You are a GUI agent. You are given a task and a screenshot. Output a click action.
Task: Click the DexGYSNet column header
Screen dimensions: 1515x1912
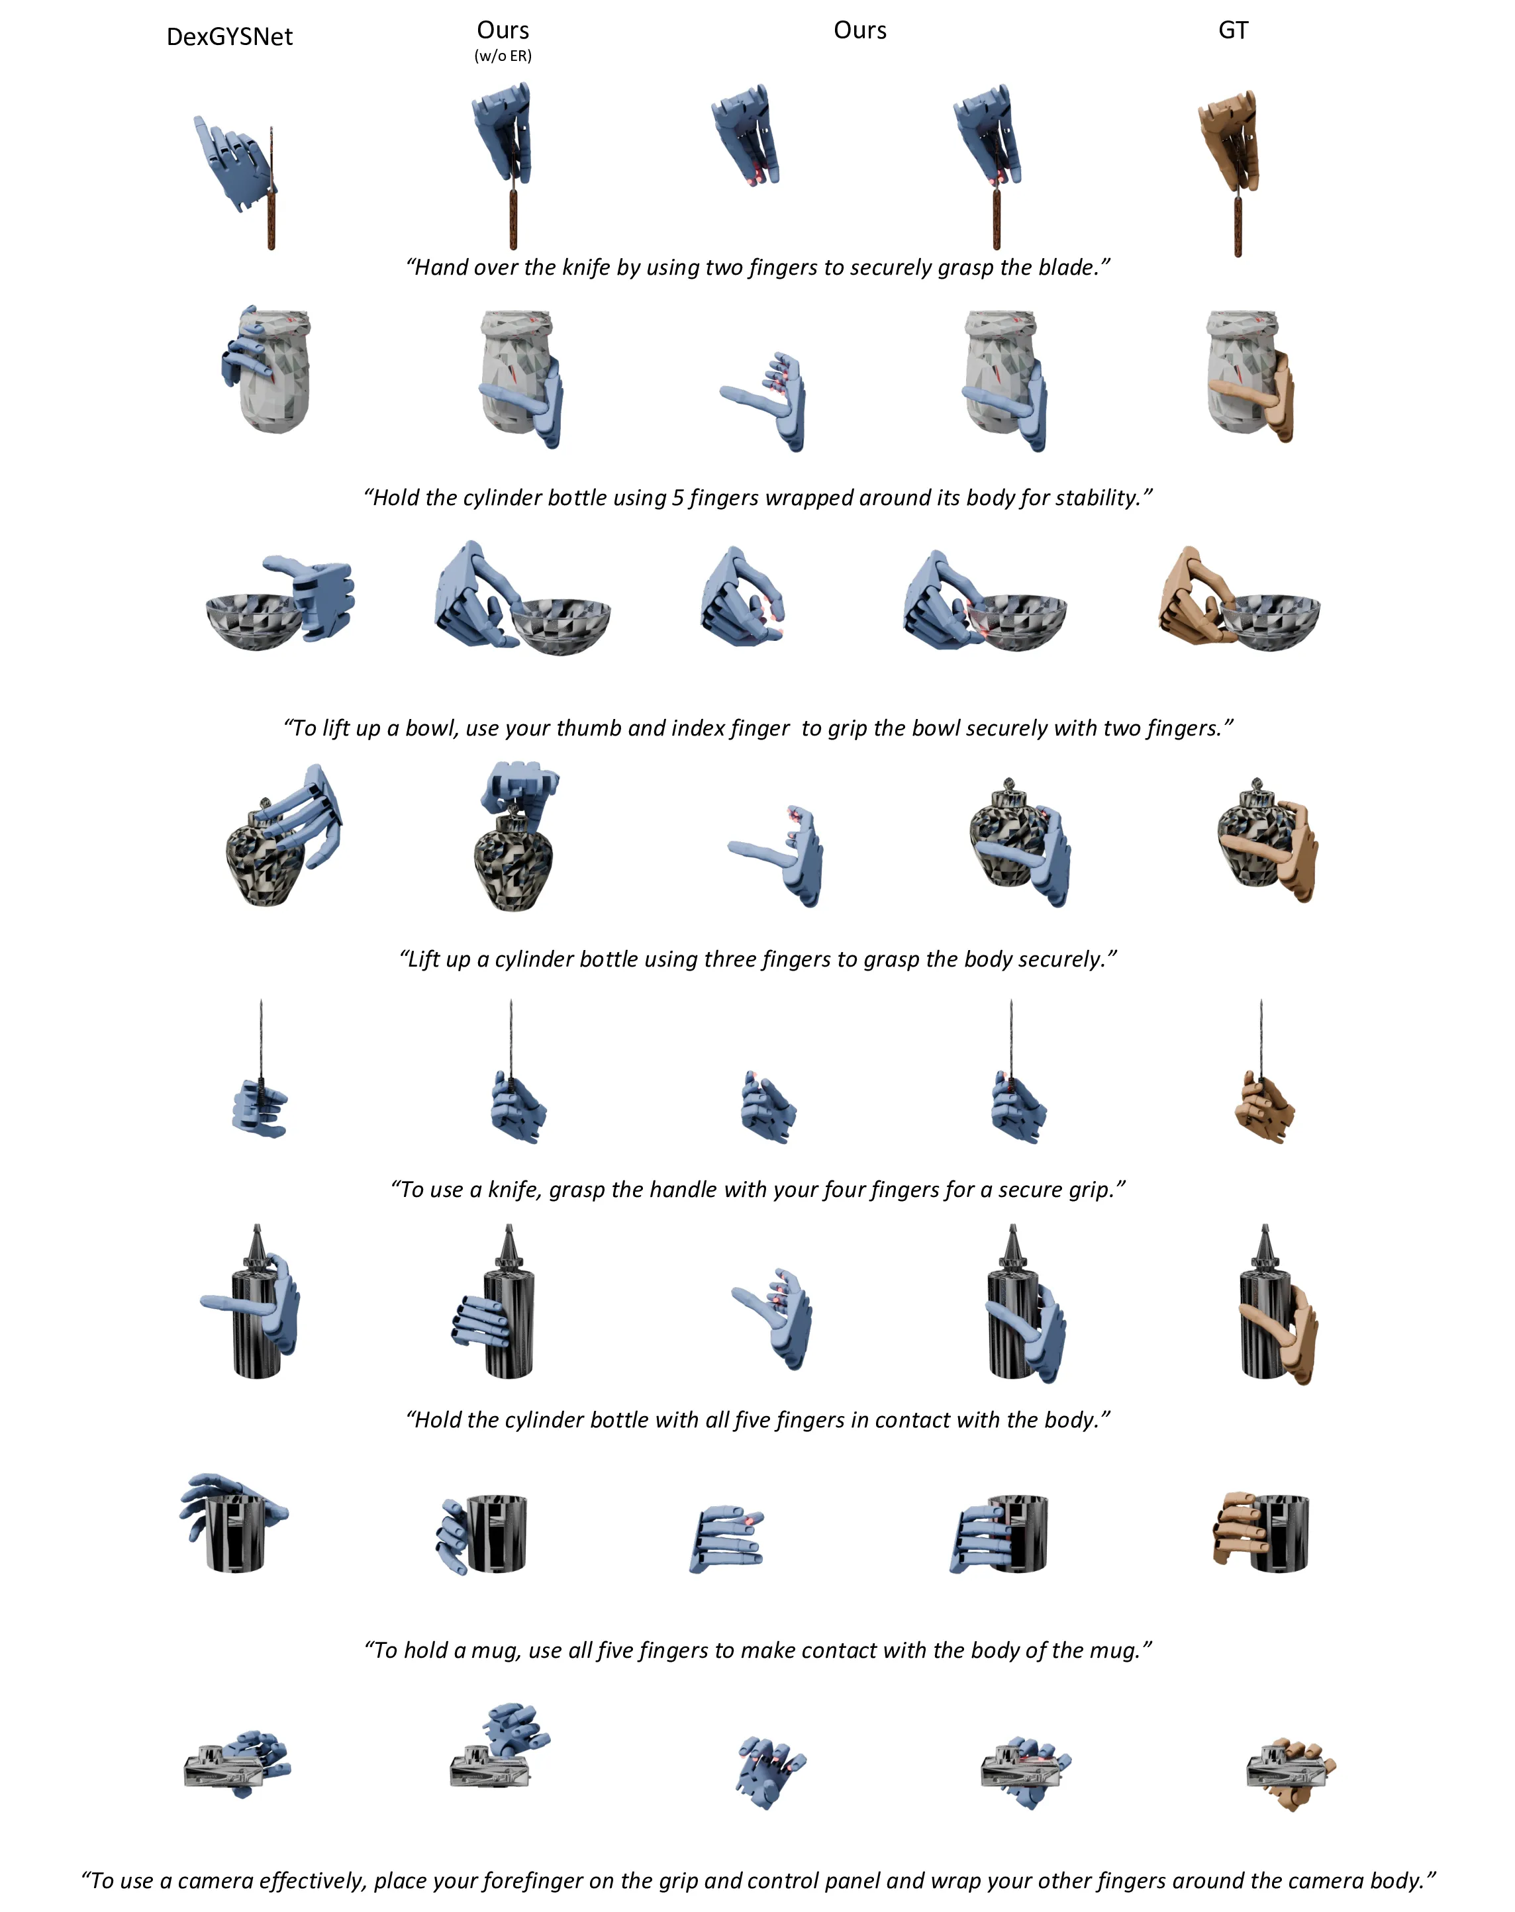click(x=230, y=36)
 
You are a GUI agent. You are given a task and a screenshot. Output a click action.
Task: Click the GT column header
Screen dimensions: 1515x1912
click(x=1233, y=30)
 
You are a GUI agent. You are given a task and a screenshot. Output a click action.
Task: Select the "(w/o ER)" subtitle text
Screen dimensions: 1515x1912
click(x=503, y=56)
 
